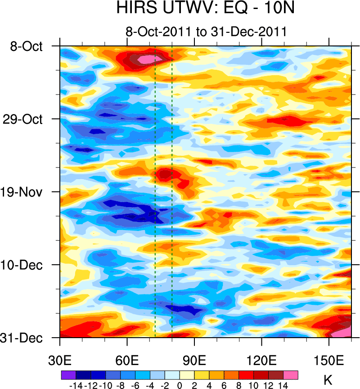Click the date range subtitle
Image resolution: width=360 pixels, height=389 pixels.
207,32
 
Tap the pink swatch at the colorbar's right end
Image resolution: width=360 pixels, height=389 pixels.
290,375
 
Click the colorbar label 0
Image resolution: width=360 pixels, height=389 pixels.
180,385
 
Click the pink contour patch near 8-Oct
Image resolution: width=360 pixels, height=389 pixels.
146,59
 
